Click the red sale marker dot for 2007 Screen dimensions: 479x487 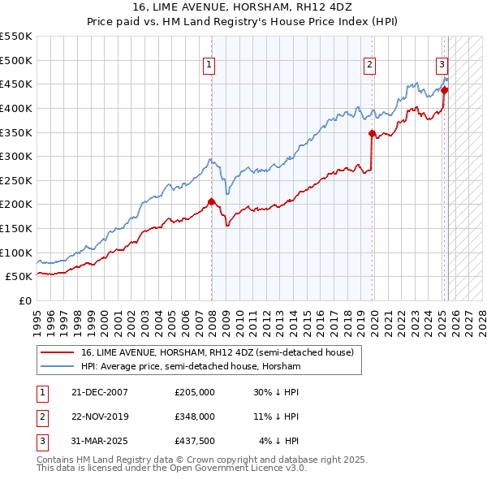(x=211, y=201)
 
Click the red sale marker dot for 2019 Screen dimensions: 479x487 (x=372, y=133)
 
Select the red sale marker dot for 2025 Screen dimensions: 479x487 (x=444, y=90)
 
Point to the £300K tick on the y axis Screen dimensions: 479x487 (x=16, y=156)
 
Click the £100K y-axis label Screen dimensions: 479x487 (x=16, y=252)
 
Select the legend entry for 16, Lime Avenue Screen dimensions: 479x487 (x=217, y=353)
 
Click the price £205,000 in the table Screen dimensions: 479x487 (x=195, y=391)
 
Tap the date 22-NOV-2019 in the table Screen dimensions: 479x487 (x=100, y=416)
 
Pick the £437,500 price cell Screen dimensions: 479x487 (x=195, y=442)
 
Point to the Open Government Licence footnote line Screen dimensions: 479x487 (x=172, y=468)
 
